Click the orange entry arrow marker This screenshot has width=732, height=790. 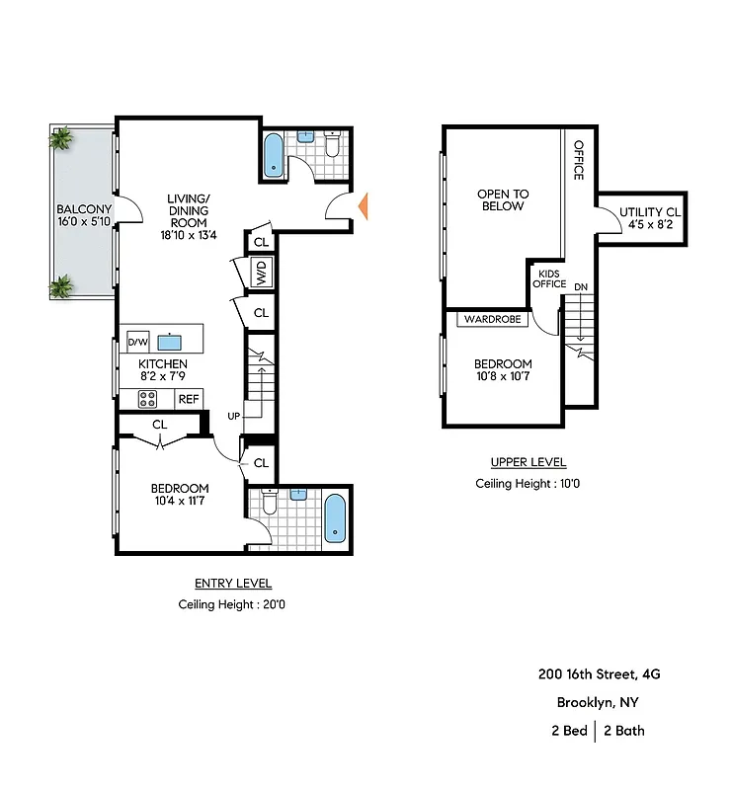pyautogui.click(x=363, y=206)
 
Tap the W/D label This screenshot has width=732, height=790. pyautogui.click(x=262, y=272)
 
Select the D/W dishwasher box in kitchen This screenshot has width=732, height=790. pyautogui.click(x=137, y=343)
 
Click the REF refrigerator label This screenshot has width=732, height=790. pyautogui.click(x=188, y=399)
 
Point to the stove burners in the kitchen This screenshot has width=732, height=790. pyautogui.click(x=147, y=399)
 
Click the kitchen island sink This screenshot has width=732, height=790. pyautogui.click(x=172, y=343)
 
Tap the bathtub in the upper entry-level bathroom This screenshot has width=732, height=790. pyautogui.click(x=275, y=155)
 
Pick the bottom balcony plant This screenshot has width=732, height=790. pyautogui.click(x=61, y=287)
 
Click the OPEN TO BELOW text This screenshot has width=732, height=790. pyautogui.click(x=502, y=199)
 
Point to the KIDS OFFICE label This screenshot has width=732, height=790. pyautogui.click(x=549, y=278)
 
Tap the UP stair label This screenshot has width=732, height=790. pyautogui.click(x=234, y=415)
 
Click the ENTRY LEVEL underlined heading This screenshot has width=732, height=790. pyautogui.click(x=233, y=584)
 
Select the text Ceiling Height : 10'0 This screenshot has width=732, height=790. pyautogui.click(x=528, y=484)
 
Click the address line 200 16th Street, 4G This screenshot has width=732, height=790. pyautogui.click(x=600, y=674)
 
